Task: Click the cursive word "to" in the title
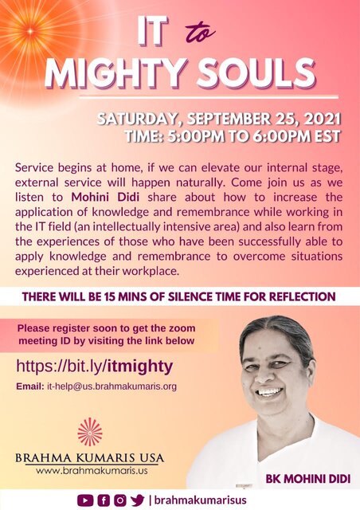[200, 33]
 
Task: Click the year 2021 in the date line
[323, 119]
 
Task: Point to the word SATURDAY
[137, 119]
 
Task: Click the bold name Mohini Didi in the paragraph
[105, 197]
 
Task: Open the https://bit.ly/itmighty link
[95, 366]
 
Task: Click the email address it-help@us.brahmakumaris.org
[112, 386]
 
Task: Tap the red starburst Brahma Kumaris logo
[90, 432]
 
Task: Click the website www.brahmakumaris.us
[92, 471]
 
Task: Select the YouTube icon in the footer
[85, 500]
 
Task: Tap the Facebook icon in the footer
[104, 500]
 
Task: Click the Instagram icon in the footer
[120, 500]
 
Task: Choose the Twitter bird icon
[137, 500]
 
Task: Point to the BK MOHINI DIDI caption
[308, 479]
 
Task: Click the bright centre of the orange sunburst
[30, 32]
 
